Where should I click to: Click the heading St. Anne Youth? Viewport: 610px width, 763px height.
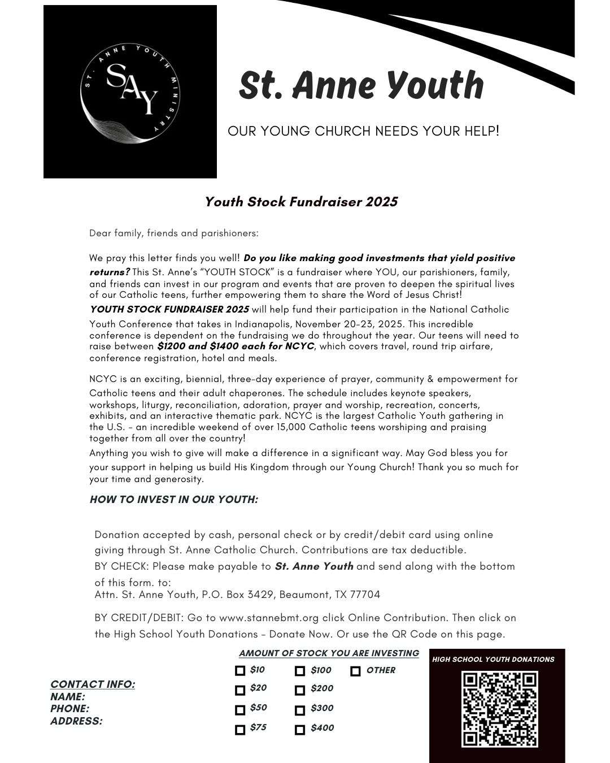(361, 85)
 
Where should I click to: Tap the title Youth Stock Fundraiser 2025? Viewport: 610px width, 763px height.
(301, 202)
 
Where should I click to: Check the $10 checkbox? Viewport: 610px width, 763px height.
(240, 671)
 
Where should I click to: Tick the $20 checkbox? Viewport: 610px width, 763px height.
(240, 690)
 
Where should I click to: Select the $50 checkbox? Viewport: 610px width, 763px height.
(240, 710)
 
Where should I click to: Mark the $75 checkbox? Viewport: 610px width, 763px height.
(240, 730)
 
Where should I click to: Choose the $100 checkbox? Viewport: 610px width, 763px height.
(300, 671)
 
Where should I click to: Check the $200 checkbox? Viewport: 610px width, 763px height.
(300, 690)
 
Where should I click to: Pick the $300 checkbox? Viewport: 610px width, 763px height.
(300, 710)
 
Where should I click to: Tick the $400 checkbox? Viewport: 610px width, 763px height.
(300, 730)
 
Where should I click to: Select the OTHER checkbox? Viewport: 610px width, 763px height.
(355, 671)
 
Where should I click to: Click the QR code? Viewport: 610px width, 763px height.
(499, 709)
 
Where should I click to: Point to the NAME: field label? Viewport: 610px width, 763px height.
(68, 697)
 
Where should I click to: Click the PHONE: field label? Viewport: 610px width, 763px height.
(70, 709)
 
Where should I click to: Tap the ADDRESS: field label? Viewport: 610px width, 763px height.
(76, 721)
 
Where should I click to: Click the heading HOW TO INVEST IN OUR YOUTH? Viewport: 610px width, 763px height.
(174, 500)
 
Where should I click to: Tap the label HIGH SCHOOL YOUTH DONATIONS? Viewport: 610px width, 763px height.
(493, 659)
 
